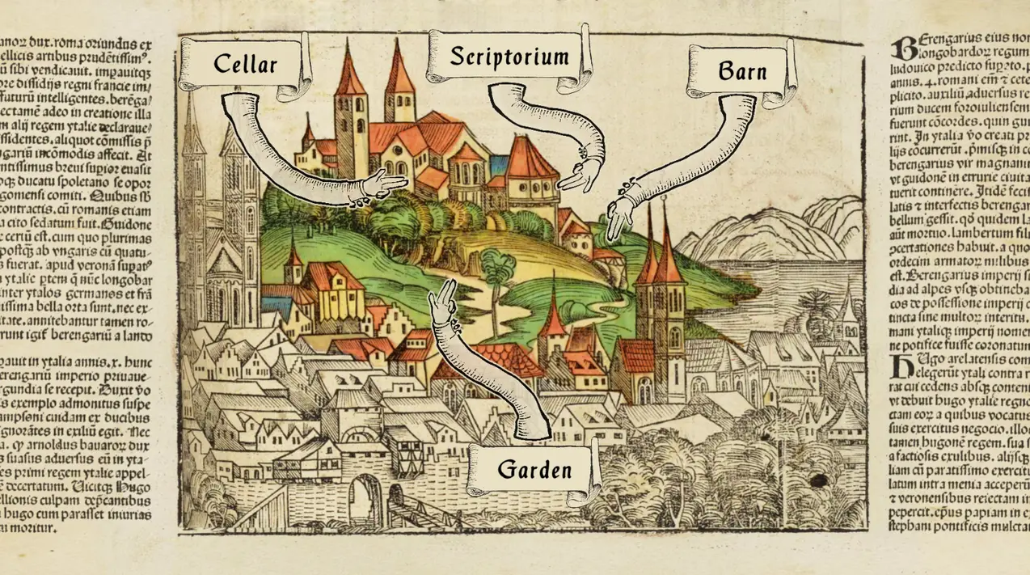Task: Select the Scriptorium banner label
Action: click(x=509, y=57)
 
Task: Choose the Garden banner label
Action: click(x=534, y=470)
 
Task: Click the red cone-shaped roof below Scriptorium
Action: click(x=530, y=159)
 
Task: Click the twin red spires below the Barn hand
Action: click(x=659, y=259)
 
